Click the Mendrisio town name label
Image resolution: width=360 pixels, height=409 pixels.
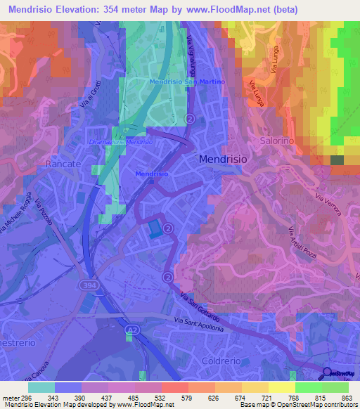click(224, 160)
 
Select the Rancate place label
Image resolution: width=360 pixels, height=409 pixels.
click(63, 163)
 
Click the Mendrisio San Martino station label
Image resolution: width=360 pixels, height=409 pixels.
click(187, 82)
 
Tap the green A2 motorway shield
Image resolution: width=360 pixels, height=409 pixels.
click(131, 328)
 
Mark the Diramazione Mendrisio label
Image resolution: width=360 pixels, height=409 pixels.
click(122, 141)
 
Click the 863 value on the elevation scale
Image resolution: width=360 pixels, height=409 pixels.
click(347, 398)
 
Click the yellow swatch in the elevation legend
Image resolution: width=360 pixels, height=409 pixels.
click(281, 387)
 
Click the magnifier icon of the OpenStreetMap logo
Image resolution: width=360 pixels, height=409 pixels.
click(327, 373)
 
